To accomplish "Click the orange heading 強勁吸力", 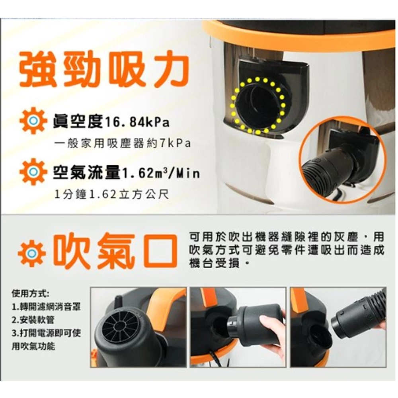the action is click(104, 70).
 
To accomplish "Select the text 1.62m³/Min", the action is click(160, 174).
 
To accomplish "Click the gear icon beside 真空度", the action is click(33, 121).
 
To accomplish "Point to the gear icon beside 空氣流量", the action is click(33, 172).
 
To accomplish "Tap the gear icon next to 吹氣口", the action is click(31, 253).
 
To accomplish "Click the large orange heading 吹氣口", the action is click(115, 251).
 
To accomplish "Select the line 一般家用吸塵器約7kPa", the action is click(123, 144).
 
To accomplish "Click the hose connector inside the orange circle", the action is click(330, 165).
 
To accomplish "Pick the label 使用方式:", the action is click(30, 294).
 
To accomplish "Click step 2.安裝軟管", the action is click(33, 320).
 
